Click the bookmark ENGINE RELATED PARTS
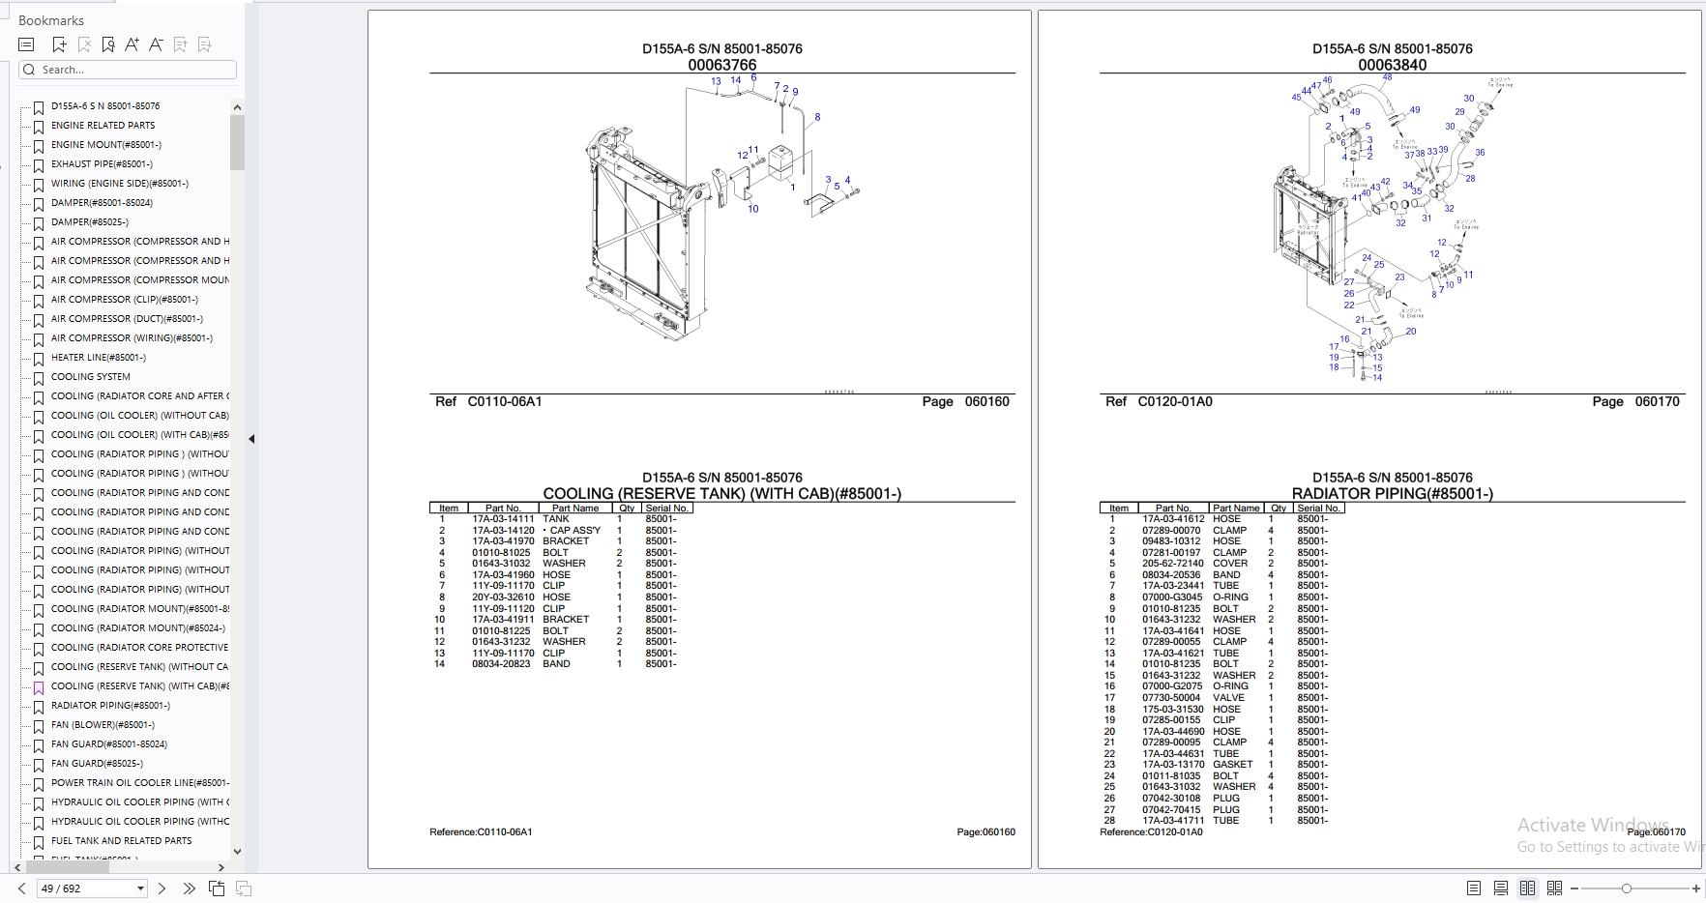click(x=103, y=126)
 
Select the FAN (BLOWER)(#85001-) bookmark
click(x=103, y=725)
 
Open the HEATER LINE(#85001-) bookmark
click(x=98, y=358)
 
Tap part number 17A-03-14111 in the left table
click(x=503, y=519)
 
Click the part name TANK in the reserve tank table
click(x=556, y=519)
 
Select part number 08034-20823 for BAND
click(x=501, y=664)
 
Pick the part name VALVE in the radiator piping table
click(x=1228, y=698)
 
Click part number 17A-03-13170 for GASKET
click(x=1173, y=765)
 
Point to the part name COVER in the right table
click(x=1230, y=564)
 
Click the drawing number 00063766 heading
click(x=721, y=65)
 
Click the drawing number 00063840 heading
click(x=1392, y=65)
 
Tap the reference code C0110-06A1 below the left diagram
click(x=505, y=401)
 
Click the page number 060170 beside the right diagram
click(x=1657, y=401)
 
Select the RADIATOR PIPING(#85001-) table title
click(x=1392, y=494)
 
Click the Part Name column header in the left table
click(x=574, y=509)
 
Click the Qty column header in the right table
click(x=1279, y=509)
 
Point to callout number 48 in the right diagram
click(x=1387, y=77)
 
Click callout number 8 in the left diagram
click(x=817, y=117)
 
